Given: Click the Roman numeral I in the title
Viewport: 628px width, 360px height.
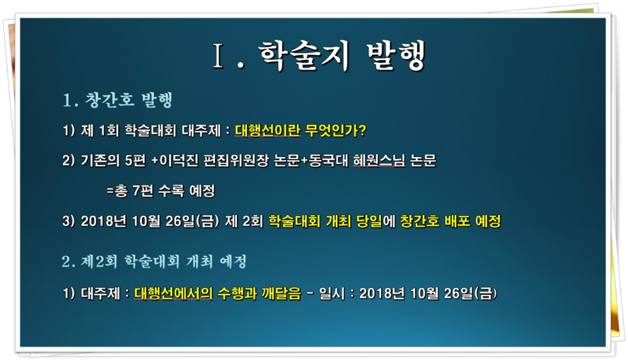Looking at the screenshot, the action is pyautogui.click(x=218, y=56).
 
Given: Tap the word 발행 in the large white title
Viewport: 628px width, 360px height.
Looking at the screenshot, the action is pyautogui.click(x=396, y=56).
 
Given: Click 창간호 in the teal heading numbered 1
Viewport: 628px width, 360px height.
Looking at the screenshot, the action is pyautogui.click(x=109, y=100).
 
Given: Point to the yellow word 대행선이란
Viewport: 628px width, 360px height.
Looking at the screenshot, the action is pyautogui.click(x=267, y=130).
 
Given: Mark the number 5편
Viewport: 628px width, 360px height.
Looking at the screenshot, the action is pyautogui.click(x=135, y=161).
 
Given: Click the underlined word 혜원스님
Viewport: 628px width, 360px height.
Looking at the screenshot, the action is pyautogui.click(x=379, y=161).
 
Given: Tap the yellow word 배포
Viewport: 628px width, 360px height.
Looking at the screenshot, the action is pyautogui.click(x=457, y=221).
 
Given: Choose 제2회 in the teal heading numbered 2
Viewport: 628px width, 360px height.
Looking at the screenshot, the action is pyautogui.click(x=100, y=262).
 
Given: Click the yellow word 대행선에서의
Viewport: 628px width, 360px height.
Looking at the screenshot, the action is pyautogui.click(x=173, y=294).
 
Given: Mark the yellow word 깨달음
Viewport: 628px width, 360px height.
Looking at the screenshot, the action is pyautogui.click(x=281, y=294).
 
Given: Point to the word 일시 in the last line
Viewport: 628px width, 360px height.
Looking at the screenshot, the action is pyautogui.click(x=332, y=294).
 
